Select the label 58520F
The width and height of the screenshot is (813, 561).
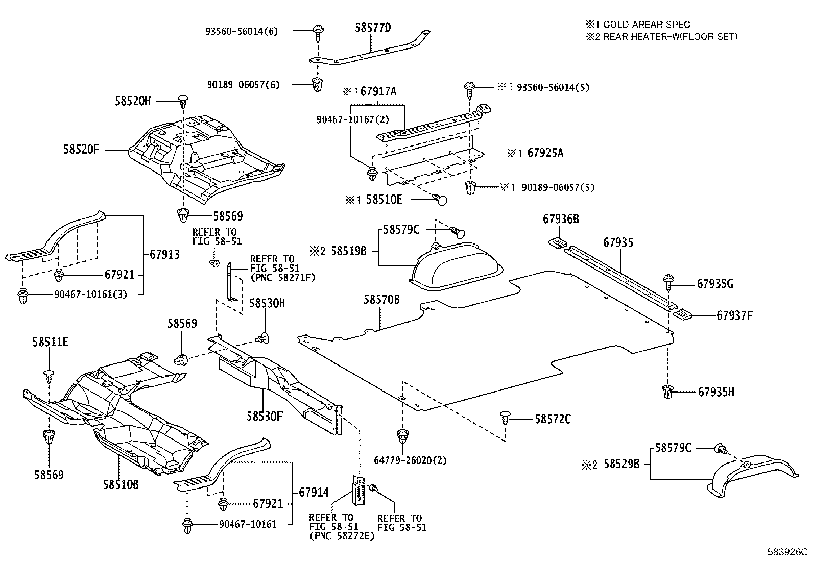[81, 150]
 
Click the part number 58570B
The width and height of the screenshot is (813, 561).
[381, 300]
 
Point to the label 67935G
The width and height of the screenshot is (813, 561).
[715, 284]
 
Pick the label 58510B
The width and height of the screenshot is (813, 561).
[121, 484]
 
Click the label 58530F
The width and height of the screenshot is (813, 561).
[265, 416]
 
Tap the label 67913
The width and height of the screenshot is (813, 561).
[164, 254]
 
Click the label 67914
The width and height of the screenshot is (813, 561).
[314, 493]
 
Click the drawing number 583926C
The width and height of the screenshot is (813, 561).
[786, 552]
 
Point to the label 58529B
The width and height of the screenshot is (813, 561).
[621, 465]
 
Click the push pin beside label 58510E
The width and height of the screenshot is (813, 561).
[440, 199]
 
